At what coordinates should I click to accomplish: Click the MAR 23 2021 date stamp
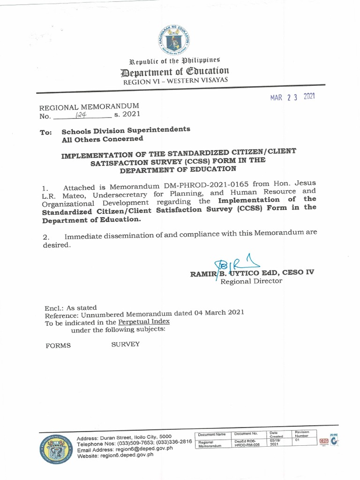point(292,97)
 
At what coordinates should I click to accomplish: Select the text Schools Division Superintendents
point(126,130)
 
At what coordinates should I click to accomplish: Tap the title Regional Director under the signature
point(251,281)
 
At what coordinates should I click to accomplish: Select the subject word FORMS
point(58,346)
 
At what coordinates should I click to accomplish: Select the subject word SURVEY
point(125,345)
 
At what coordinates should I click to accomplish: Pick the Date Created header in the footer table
point(275,435)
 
